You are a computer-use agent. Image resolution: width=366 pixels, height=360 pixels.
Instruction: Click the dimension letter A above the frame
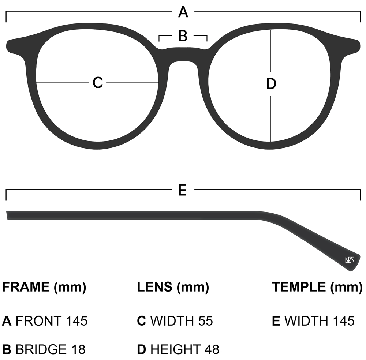pyautogui.click(x=183, y=12)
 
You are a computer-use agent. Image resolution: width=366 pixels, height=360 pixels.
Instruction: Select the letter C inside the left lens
pyautogui.click(x=98, y=83)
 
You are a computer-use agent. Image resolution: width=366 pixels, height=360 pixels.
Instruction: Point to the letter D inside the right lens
pyautogui.click(x=270, y=84)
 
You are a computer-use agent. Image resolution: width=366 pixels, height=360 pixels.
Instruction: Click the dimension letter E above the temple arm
pyautogui.click(x=183, y=190)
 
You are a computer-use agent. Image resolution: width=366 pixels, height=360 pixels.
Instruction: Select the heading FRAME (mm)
pyautogui.click(x=44, y=287)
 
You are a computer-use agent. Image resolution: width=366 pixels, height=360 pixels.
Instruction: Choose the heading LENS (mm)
pyautogui.click(x=173, y=287)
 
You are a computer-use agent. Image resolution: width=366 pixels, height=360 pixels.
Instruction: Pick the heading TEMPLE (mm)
pyautogui.click(x=317, y=287)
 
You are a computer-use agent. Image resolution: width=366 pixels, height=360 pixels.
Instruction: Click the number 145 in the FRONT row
pyautogui.click(x=77, y=321)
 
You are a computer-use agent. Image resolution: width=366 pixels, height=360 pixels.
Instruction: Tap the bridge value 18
pyautogui.click(x=78, y=349)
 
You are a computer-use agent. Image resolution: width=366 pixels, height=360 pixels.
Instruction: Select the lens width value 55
pyautogui.click(x=205, y=321)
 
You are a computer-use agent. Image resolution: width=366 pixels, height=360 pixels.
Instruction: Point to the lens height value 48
pyautogui.click(x=212, y=349)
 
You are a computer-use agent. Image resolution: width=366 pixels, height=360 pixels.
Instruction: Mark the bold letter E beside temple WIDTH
pyautogui.click(x=276, y=321)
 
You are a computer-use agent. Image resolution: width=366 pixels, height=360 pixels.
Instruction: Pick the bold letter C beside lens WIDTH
pyautogui.click(x=142, y=321)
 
